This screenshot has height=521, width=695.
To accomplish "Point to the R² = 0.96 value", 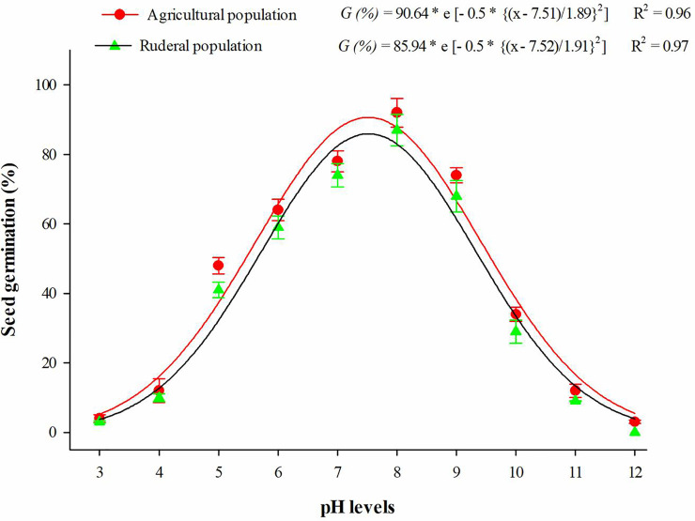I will click(x=661, y=16).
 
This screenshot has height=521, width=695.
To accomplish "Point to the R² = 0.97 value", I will click(x=661, y=46).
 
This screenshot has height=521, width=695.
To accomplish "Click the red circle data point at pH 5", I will click(x=218, y=266).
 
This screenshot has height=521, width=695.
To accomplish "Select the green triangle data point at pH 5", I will click(x=218, y=290).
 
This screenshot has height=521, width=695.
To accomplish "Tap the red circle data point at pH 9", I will click(x=456, y=176).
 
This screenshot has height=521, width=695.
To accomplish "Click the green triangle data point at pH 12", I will click(x=635, y=430).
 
